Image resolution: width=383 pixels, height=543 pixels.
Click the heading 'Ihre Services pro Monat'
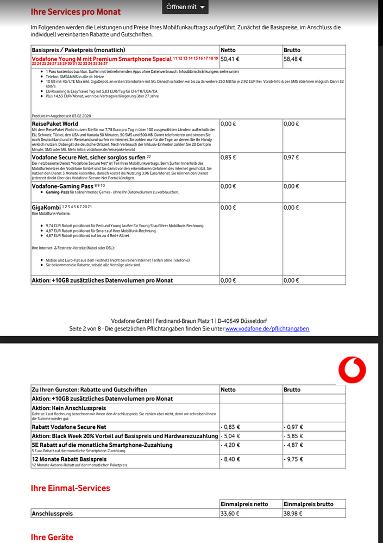pyautogui.click(x=76, y=11)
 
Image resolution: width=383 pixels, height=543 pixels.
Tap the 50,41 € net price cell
pyautogui.click(x=231, y=59)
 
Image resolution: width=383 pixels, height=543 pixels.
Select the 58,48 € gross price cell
pyautogui.click(x=293, y=59)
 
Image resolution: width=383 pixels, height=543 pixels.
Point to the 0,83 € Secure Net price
pyautogui.click(x=228, y=157)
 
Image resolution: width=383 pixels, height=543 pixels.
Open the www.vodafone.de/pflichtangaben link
pyautogui.click(x=267, y=329)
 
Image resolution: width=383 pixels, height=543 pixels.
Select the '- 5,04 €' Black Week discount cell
pyautogui.click(x=232, y=436)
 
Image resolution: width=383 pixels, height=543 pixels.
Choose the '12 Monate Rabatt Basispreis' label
pyautogui.click(x=69, y=459)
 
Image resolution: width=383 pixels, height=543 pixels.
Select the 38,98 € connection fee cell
pyautogui.click(x=293, y=513)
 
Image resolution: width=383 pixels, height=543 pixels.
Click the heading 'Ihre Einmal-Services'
pyautogui.click(x=70, y=488)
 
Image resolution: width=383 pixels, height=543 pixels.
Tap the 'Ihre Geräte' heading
pyautogui.click(x=52, y=538)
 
